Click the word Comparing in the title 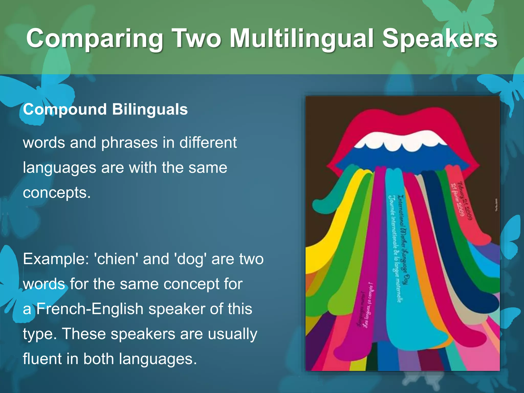tap(95, 38)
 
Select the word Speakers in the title tap(440, 38)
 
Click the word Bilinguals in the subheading tap(150, 110)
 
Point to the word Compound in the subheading tap(65, 110)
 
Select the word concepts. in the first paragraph tap(57, 193)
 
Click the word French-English tap(90, 309)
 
